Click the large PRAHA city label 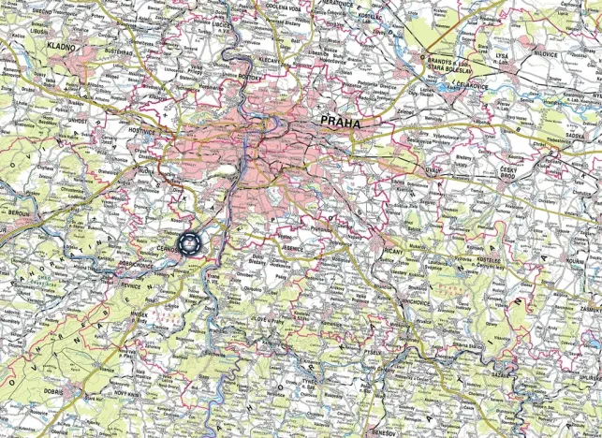[x=340, y=122]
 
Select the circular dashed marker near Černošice [x=190, y=243]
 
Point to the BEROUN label [x=17, y=214]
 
